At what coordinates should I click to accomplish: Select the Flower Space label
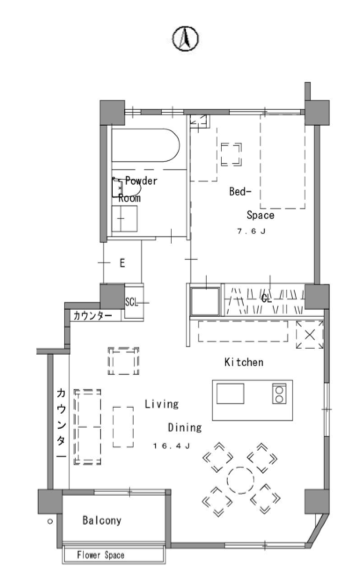click(x=100, y=555)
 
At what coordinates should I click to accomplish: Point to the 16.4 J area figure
click(x=172, y=446)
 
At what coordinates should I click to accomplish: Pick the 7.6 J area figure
click(x=251, y=231)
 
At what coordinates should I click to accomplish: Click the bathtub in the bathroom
click(x=146, y=145)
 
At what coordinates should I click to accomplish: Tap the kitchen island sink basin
click(x=230, y=394)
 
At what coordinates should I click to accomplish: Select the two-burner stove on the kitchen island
click(x=279, y=394)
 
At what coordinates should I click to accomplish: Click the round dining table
click(x=240, y=480)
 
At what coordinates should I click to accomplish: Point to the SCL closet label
click(x=131, y=302)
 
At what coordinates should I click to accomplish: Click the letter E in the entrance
click(x=122, y=263)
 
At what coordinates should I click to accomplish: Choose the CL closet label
click(x=266, y=299)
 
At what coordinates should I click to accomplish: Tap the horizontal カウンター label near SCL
click(x=92, y=316)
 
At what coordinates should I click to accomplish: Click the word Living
click(x=162, y=404)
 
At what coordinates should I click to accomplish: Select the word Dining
click(x=185, y=427)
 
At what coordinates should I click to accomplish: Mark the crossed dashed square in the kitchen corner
click(x=310, y=335)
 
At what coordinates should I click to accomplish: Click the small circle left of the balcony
click(x=50, y=521)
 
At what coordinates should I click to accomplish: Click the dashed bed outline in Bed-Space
click(x=283, y=161)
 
